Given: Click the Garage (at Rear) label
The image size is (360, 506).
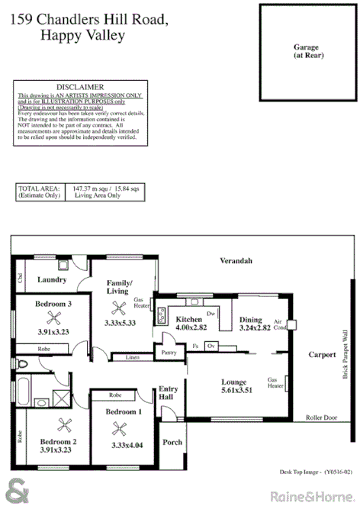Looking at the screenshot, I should pos(306,51).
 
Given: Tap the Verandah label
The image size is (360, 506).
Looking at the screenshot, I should pos(236,261).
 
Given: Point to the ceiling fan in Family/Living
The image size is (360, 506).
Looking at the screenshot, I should pos(117,308).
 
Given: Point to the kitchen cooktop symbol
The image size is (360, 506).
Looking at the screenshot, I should pos(162,314).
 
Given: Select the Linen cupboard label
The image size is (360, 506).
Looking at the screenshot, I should pos(133,357).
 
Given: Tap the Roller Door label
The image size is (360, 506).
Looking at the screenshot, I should pos(322,417).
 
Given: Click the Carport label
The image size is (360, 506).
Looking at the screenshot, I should pos(322,354).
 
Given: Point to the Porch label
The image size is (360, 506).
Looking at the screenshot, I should pos(172,442).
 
